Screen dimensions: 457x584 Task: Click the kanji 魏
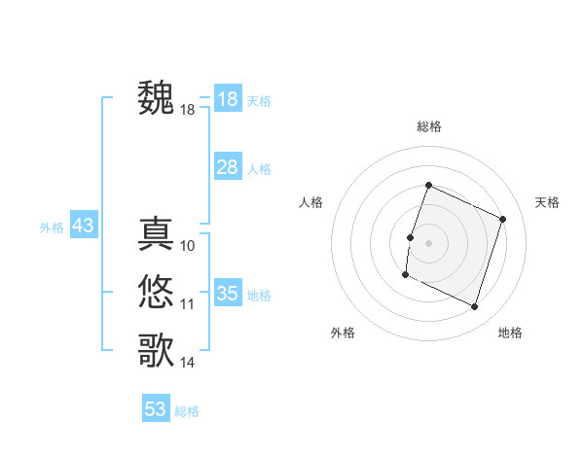coord(157,98)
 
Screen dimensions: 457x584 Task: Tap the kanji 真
coord(157,234)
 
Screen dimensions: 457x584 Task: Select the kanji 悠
coord(157,291)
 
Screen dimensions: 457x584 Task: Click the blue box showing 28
coord(227,167)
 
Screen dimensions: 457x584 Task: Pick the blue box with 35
coord(227,294)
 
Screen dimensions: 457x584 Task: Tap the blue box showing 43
coord(83,227)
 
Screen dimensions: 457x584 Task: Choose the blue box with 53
coord(156,409)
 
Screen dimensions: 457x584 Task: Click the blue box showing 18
coord(227,99)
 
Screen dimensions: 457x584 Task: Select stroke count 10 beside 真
coord(188,246)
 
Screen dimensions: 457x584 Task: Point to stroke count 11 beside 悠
coord(188,304)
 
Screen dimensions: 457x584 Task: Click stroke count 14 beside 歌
coord(188,363)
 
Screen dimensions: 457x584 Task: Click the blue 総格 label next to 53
coord(187,411)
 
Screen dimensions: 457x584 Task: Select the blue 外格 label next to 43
coord(52,228)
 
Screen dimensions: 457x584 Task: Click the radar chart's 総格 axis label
coord(428,126)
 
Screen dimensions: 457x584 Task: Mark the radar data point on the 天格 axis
coord(502,219)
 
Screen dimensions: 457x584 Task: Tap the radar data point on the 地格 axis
coord(474,306)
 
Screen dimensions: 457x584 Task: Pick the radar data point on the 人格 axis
coord(410,237)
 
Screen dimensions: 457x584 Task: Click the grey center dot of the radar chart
coord(428,243)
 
